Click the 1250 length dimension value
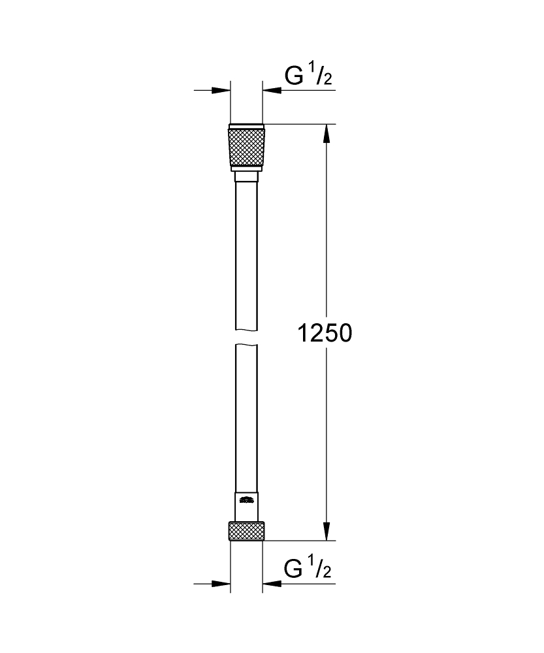(325, 334)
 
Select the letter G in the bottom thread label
(295, 569)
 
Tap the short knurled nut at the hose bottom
(246, 530)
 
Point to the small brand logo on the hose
(246, 500)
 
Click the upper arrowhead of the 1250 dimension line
(327, 133)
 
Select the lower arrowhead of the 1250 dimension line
(327, 532)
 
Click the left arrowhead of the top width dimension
(223, 90)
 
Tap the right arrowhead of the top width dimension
(271, 90)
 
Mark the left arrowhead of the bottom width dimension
(223, 583)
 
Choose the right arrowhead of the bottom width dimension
(271, 583)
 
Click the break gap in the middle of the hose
(246, 337)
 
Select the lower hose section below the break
(246, 418)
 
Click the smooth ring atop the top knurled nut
(246, 126)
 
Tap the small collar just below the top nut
(246, 177)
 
